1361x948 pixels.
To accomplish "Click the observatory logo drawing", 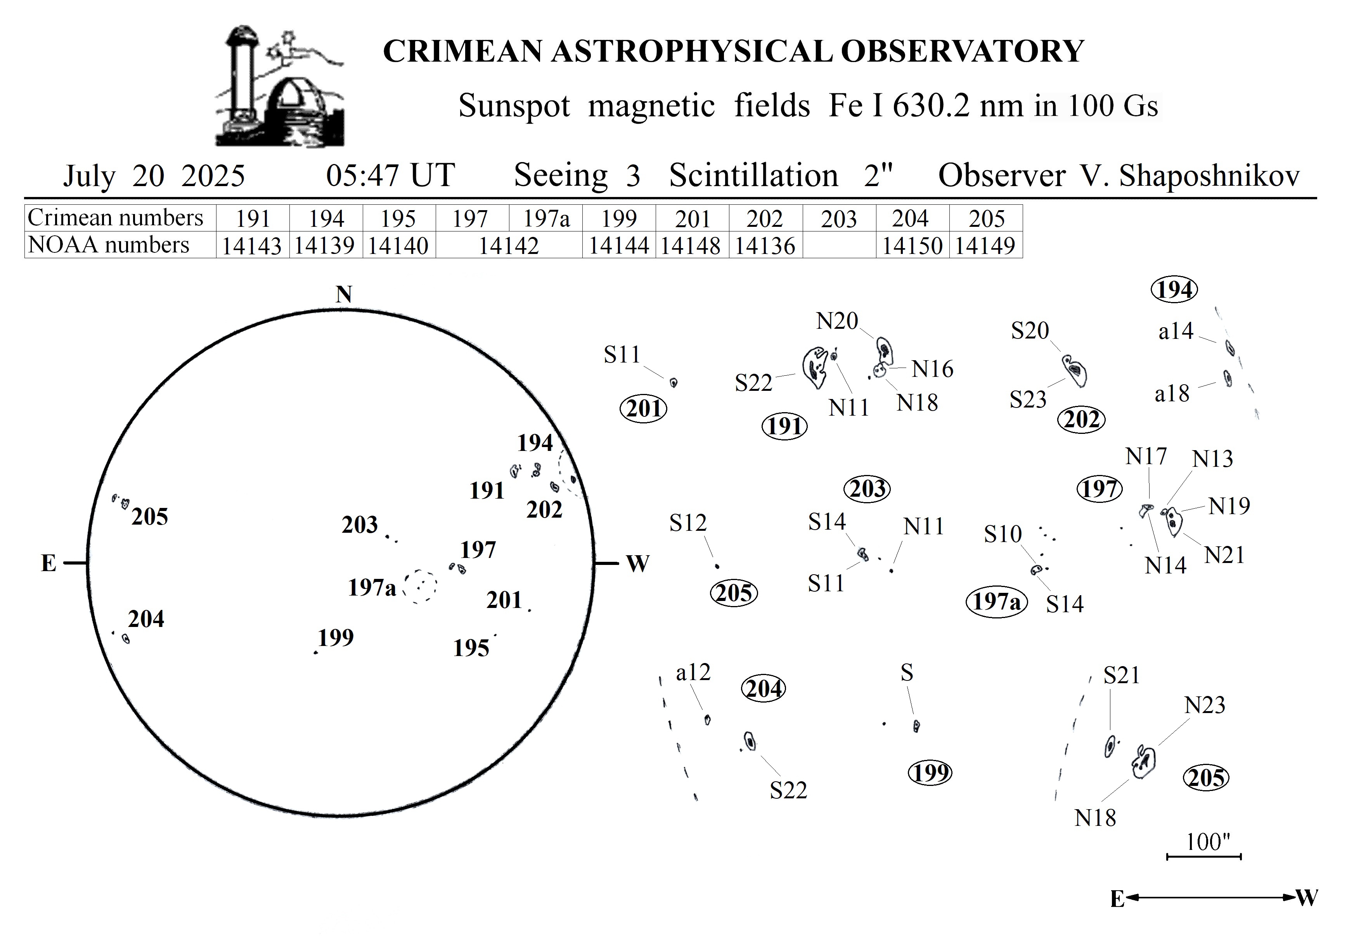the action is click(280, 86).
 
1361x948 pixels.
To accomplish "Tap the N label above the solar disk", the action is click(344, 294).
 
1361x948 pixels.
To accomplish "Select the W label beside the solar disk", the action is click(637, 563).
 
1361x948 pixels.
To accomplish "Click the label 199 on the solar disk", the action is click(336, 637).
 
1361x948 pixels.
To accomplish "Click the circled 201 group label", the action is click(644, 409).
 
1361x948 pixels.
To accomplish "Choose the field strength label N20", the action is click(837, 321).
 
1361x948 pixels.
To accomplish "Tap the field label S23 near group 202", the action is click(1028, 400).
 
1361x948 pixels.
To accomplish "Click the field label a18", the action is click(1172, 394).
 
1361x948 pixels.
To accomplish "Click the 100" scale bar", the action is click(1204, 856).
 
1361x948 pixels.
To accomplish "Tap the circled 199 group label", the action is click(930, 773).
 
